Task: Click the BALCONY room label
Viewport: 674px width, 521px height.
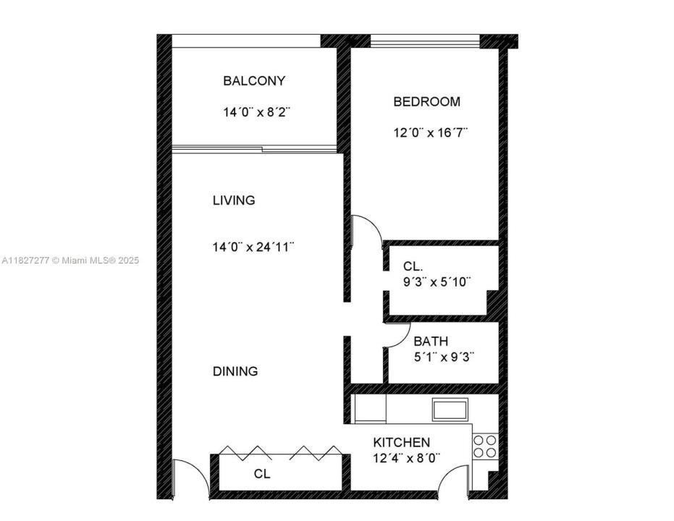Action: tap(253, 81)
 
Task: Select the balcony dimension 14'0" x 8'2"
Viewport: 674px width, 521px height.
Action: tap(256, 113)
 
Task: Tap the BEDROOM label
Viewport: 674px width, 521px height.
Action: tap(426, 102)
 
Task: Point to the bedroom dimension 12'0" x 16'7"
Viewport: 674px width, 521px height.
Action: tap(430, 133)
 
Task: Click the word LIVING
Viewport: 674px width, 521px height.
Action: tap(233, 200)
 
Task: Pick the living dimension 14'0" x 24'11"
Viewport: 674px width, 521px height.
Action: tap(253, 247)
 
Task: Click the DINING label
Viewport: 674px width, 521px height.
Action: tap(235, 372)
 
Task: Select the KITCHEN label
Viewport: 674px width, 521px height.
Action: tap(401, 442)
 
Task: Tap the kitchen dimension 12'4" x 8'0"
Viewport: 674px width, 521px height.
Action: tap(406, 457)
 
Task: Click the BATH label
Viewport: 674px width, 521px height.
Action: tap(430, 342)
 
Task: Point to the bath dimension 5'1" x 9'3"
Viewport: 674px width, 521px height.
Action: tap(444, 357)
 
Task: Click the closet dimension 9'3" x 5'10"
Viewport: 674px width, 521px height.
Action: tap(437, 283)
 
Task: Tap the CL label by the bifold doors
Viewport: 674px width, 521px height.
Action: tap(261, 475)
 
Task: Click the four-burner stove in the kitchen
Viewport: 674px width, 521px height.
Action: tap(485, 446)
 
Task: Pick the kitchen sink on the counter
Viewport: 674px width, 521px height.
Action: tap(450, 410)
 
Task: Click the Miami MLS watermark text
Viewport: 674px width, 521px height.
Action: tap(69, 260)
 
